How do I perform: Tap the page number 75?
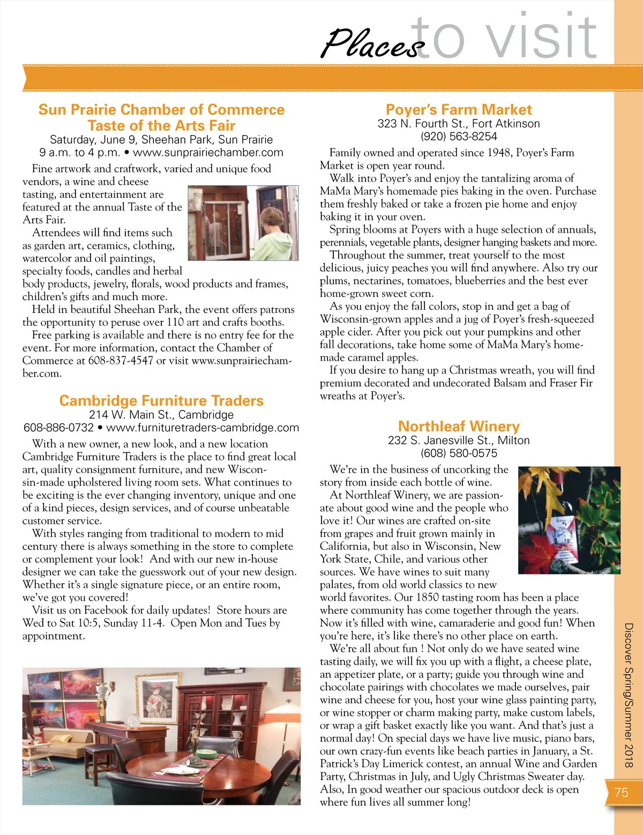pos(622,793)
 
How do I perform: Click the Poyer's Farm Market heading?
pos(459,110)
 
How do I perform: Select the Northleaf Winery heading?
pos(459,427)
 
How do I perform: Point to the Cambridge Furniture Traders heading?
pos(161,401)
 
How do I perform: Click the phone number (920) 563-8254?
pos(459,137)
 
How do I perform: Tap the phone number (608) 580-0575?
pos(459,453)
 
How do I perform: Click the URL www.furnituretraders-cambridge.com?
pos(203,428)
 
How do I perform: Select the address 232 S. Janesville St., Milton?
pos(459,441)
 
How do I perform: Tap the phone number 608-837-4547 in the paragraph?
pos(121,361)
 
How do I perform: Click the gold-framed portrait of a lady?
pos(158,697)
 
